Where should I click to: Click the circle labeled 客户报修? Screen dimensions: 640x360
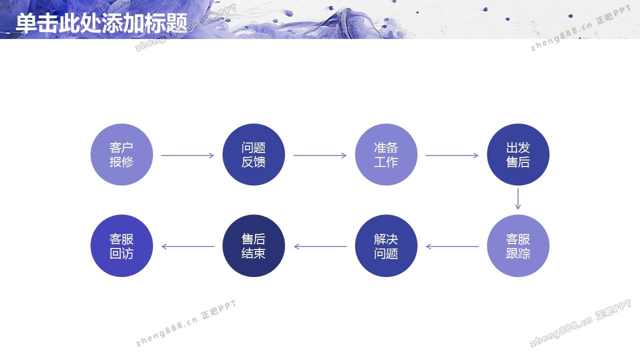pos(121,154)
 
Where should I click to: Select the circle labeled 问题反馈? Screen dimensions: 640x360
pos(253,154)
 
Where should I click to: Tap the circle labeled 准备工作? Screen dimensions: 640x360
pos(386,154)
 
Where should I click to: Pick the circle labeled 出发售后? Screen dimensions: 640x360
pos(518,154)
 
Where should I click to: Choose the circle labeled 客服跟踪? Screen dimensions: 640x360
pos(518,245)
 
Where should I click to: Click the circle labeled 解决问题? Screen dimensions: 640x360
pos(386,245)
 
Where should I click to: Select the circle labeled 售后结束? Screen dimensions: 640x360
pos(253,245)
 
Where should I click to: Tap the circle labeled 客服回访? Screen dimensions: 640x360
pos(121,245)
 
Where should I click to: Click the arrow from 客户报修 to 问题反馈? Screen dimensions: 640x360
pos(187,155)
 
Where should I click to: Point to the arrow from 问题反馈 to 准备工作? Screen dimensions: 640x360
pos(320,155)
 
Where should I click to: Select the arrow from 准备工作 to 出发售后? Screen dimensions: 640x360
pos(452,155)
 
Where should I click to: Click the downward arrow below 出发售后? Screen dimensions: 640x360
pos(517,199)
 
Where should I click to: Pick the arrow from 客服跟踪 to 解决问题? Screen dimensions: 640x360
pos(452,246)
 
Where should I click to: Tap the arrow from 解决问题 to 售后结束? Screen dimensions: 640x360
pos(320,246)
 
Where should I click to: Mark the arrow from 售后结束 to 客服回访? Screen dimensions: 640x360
pos(187,246)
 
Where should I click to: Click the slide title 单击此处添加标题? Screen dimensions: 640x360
pos(101,23)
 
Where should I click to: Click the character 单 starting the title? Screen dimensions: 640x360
pos(26,23)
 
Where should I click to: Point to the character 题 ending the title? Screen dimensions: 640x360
pos(176,23)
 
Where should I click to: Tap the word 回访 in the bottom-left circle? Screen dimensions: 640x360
pos(121,253)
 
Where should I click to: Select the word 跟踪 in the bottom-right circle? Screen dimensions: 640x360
pos(518,253)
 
